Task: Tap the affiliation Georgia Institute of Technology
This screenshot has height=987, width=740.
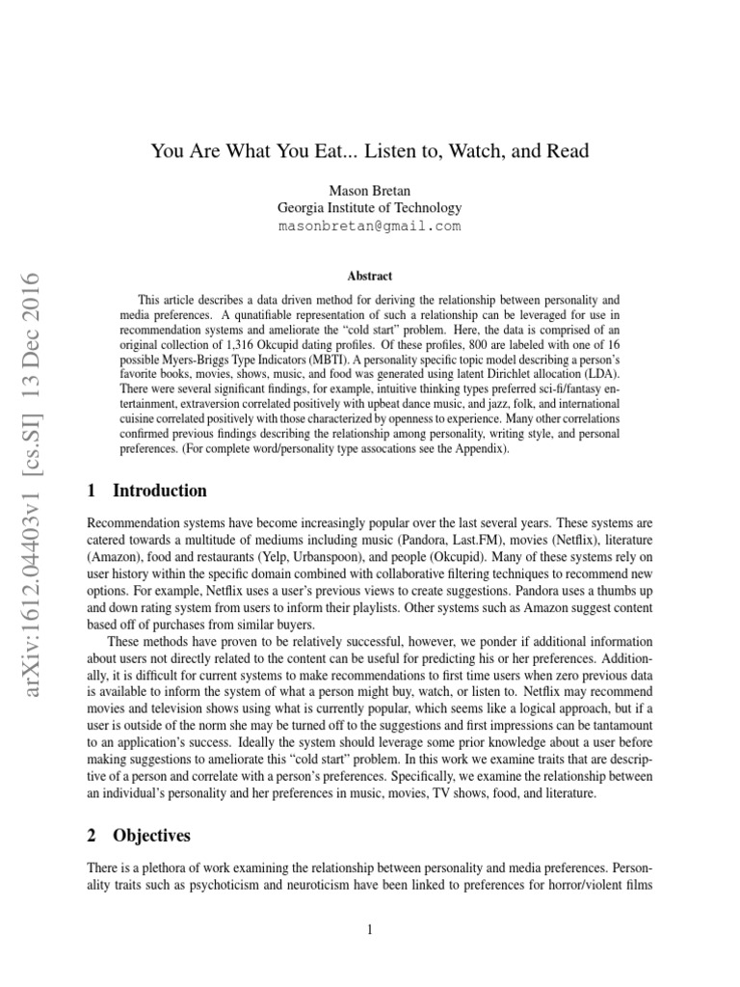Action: click(x=369, y=207)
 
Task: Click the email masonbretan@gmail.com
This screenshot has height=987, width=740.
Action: click(x=369, y=227)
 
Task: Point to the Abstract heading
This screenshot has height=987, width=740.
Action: click(x=369, y=275)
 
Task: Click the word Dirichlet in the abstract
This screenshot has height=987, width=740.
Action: click(x=512, y=372)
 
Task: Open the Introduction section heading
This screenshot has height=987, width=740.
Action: click(x=159, y=491)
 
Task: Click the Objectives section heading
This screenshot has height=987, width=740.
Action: click(x=151, y=835)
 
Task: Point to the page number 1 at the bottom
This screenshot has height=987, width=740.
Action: click(x=369, y=929)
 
